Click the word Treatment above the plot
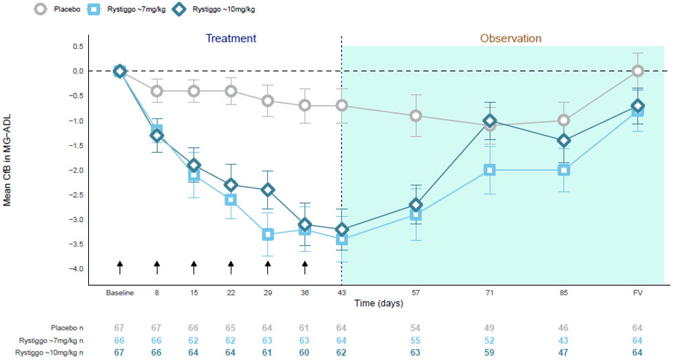(x=231, y=39)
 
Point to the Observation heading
(x=510, y=39)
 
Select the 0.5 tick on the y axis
(x=76, y=46)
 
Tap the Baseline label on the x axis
(x=119, y=293)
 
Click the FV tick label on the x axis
(x=638, y=293)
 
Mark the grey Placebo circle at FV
(x=638, y=71)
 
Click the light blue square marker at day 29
(x=268, y=235)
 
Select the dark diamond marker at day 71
(x=490, y=120)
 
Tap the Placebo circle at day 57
(x=415, y=116)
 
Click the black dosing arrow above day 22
(x=231, y=267)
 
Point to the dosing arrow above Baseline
(x=119, y=267)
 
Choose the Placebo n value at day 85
(x=563, y=327)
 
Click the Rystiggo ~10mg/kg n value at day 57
(x=415, y=352)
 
